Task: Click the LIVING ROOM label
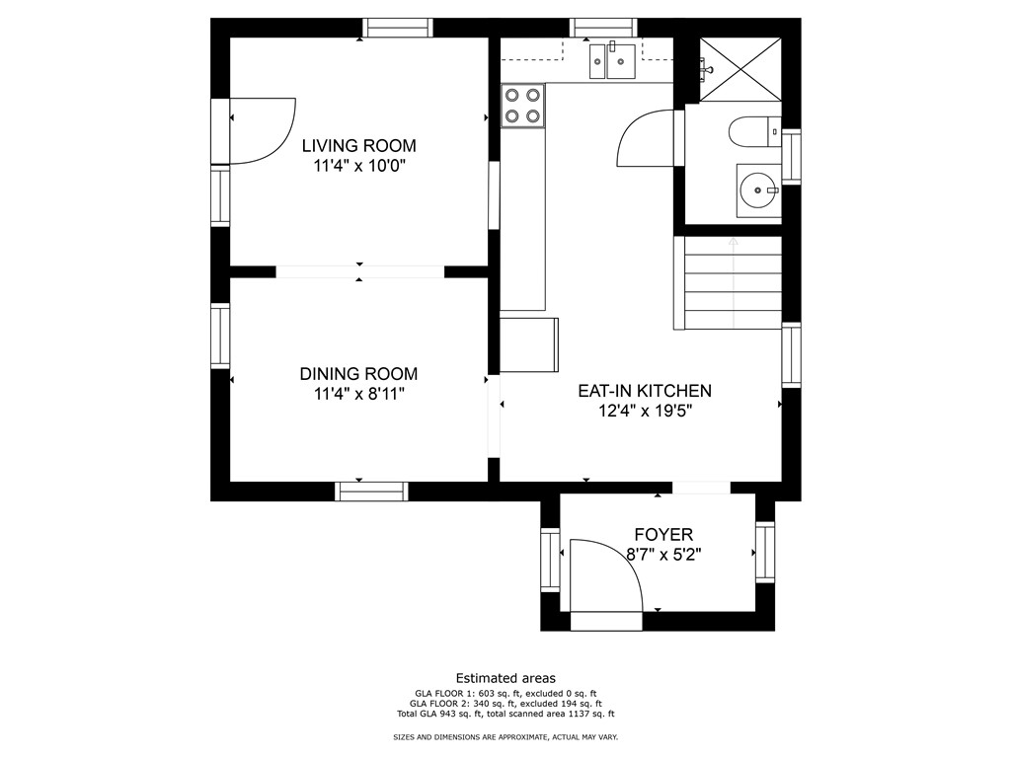point(358,146)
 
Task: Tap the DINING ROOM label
point(358,374)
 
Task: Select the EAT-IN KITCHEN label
point(644,391)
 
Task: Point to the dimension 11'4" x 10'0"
point(359,167)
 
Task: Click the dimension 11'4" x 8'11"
point(358,395)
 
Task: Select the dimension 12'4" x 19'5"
point(645,412)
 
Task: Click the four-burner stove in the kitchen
point(523,106)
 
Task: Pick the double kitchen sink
point(612,60)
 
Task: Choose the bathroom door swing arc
point(644,139)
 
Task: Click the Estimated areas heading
point(505,678)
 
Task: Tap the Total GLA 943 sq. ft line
point(505,714)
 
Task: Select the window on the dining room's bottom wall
point(372,491)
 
